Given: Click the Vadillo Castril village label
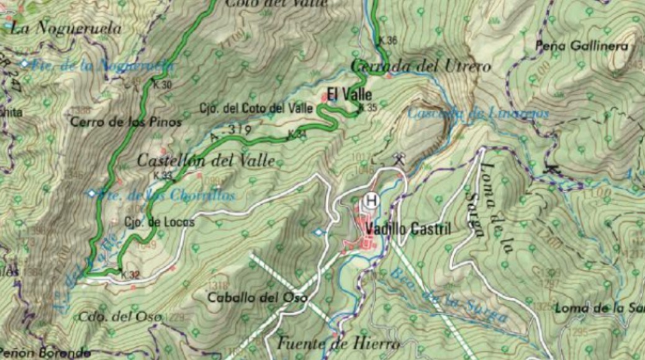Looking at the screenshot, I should pos(408,229).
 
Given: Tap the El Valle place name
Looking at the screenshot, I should pos(350,95).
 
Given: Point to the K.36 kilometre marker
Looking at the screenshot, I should pos(387,41).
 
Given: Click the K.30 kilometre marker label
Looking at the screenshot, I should pos(163,85).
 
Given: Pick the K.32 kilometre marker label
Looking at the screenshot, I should pos(130,274).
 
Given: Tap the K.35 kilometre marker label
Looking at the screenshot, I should pos(368,107).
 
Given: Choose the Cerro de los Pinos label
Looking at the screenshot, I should pos(126,122).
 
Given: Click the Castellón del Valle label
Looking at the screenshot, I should pos(205,160).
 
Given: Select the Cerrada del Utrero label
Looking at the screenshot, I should pos(420,66).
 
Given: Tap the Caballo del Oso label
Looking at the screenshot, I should pos(258,297).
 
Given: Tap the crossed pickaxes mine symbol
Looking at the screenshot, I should pos(399,159).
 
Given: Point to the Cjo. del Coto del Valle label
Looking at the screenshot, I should pos(256,108).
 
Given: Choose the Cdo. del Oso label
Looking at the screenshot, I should pos(120,317).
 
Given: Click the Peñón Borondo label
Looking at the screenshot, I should pos(46,353).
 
